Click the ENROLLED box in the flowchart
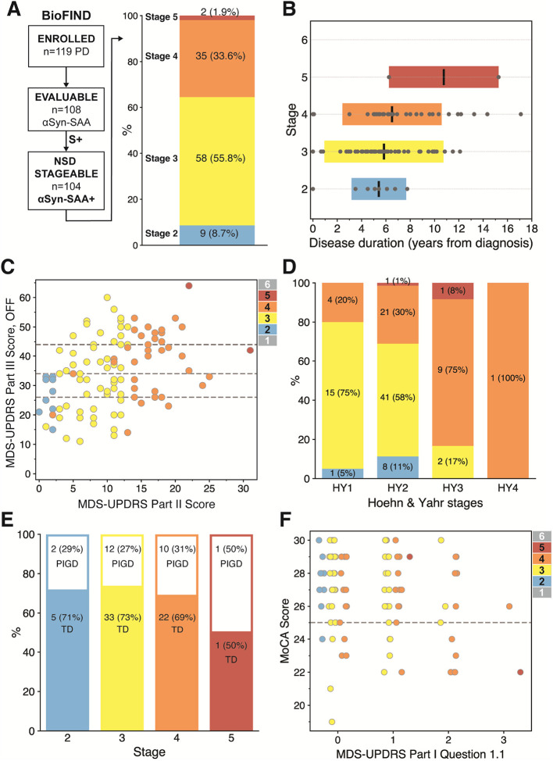point(66,47)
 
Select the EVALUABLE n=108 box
point(66,109)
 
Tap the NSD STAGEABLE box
point(66,180)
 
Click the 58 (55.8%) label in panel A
point(220,159)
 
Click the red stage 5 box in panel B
point(444,77)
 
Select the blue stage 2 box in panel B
point(378,189)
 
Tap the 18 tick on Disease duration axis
point(532,228)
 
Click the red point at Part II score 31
point(250,350)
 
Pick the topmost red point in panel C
point(189,286)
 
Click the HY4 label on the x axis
point(508,488)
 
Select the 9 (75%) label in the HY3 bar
point(452,370)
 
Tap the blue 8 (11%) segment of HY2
point(398,467)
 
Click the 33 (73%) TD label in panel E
point(123,623)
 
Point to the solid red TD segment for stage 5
point(231,681)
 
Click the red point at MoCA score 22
point(520,672)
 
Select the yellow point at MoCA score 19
point(332,722)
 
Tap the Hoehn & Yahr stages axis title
point(425,503)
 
